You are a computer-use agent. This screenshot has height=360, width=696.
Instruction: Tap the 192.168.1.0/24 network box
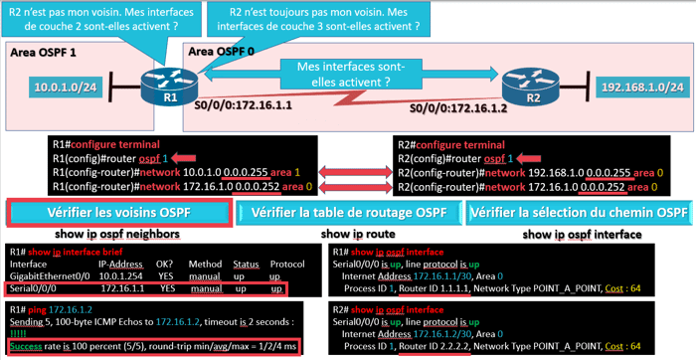point(640,89)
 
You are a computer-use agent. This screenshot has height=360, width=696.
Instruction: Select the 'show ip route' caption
point(348,234)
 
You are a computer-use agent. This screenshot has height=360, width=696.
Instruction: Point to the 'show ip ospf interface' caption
point(580,234)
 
